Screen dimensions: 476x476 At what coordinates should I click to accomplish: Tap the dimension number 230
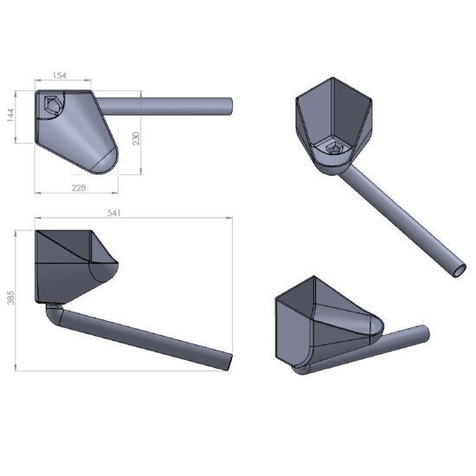pos(135,139)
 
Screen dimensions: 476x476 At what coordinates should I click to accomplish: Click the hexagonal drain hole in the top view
pos(51,106)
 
